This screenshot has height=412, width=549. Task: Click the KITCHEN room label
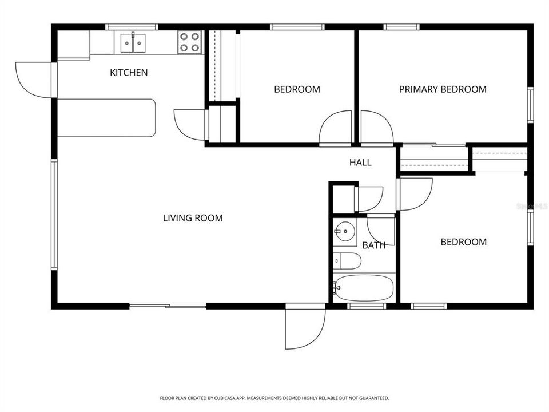(129, 73)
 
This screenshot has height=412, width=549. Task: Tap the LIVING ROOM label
(193, 218)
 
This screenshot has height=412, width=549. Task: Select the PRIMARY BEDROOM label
(443, 89)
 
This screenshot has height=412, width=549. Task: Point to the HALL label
(360, 163)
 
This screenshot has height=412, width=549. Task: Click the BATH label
(373, 245)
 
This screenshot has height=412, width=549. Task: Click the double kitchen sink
(133, 43)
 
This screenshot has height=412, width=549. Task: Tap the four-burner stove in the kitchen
(190, 42)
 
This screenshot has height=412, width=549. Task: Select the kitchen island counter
(106, 118)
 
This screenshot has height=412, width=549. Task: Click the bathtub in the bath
(364, 288)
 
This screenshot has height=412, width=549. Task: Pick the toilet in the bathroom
(348, 262)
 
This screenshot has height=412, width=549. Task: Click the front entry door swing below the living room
(304, 329)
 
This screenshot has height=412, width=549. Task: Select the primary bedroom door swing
(376, 128)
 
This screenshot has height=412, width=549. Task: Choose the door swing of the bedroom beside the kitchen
(336, 128)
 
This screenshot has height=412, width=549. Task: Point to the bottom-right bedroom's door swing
(416, 193)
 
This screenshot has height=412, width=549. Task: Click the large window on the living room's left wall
(54, 215)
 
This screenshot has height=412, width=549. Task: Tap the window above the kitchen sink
(132, 26)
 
